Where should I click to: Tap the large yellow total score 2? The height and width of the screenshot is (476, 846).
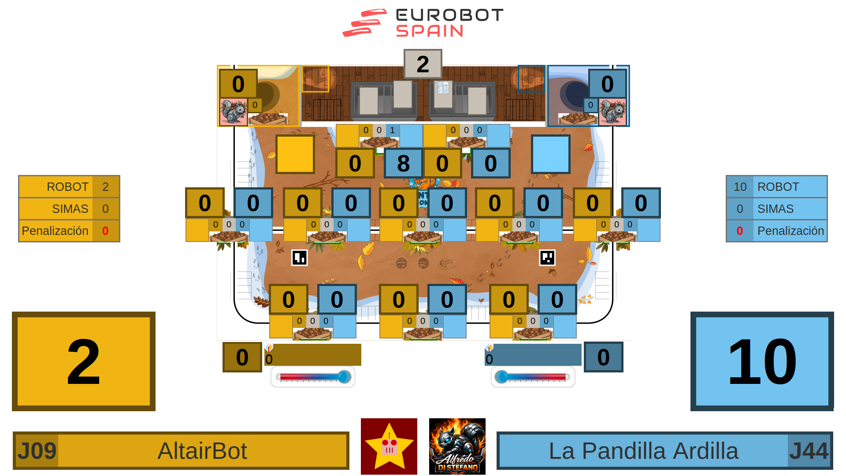pyautogui.click(x=84, y=361)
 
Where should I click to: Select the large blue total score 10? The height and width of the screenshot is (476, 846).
pyautogui.click(x=762, y=361)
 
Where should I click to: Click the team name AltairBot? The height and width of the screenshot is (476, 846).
pyautogui.click(x=202, y=451)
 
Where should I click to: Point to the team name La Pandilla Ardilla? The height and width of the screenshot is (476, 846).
pyautogui.click(x=643, y=451)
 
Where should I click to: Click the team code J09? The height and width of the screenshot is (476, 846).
pyautogui.click(x=37, y=451)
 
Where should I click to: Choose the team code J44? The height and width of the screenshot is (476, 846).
pyautogui.click(x=809, y=451)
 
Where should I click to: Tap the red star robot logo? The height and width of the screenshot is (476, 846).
pyautogui.click(x=389, y=446)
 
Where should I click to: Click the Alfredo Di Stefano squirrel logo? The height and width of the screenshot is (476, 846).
pyautogui.click(x=457, y=446)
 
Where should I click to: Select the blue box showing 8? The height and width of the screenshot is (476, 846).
pyautogui.click(x=403, y=163)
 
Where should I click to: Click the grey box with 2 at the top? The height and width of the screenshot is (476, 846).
pyautogui.click(x=423, y=64)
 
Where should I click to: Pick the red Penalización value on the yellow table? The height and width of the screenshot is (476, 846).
pyautogui.click(x=105, y=231)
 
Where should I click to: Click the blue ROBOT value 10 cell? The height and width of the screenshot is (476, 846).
pyautogui.click(x=740, y=187)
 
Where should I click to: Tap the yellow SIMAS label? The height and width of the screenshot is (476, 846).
pyautogui.click(x=70, y=209)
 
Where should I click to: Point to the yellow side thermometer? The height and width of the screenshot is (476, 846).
pyautogui.click(x=313, y=377)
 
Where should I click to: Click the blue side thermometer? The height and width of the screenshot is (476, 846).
pyautogui.click(x=533, y=377)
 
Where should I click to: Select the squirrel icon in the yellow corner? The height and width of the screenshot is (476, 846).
pyautogui.click(x=233, y=112)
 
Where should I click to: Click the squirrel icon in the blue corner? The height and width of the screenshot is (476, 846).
pyautogui.click(x=612, y=112)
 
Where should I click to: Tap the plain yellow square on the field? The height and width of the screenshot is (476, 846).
pyautogui.click(x=295, y=154)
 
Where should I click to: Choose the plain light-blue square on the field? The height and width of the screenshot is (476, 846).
pyautogui.click(x=550, y=154)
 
